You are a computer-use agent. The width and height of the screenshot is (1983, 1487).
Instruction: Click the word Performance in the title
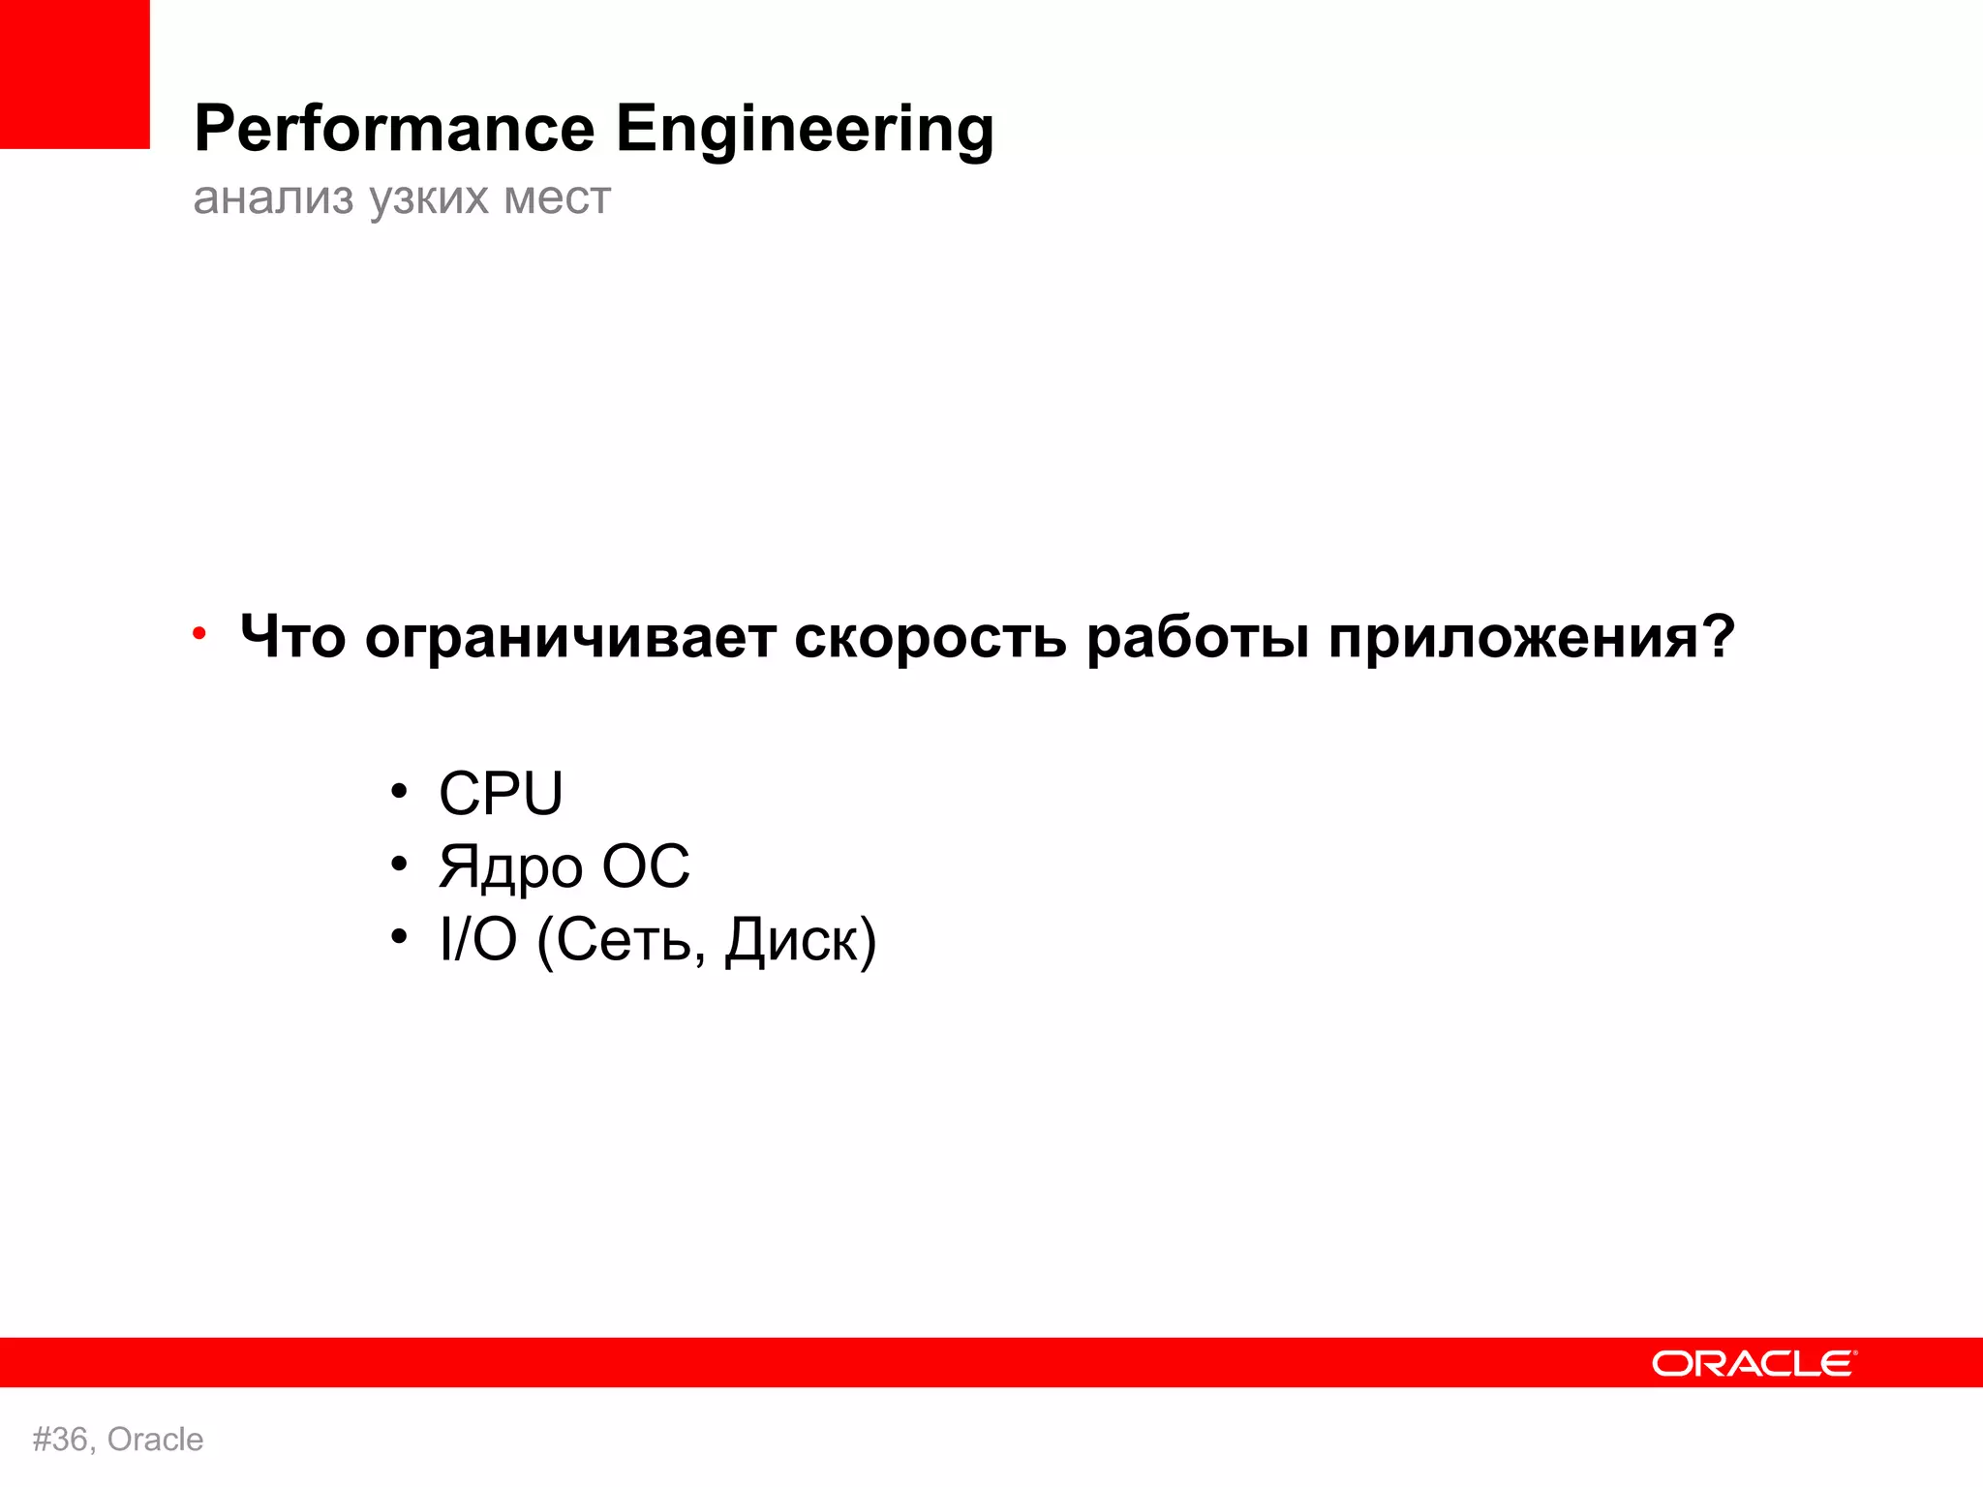[394, 130]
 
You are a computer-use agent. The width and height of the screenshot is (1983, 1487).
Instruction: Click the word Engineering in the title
[805, 130]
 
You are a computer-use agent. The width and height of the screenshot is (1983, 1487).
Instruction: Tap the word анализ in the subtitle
[274, 198]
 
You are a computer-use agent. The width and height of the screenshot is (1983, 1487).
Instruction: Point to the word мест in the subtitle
[558, 198]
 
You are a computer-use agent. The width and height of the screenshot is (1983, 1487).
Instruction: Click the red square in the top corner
[75, 74]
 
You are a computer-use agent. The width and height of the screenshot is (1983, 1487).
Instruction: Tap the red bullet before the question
[199, 634]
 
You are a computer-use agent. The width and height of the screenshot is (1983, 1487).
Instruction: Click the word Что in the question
[292, 638]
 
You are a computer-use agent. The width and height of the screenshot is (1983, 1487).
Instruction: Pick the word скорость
[930, 638]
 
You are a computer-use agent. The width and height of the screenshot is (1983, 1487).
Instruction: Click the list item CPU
[501, 793]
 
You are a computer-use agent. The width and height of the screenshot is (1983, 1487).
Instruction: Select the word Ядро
[509, 867]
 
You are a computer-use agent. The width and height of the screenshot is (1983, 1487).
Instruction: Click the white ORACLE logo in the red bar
[1754, 1363]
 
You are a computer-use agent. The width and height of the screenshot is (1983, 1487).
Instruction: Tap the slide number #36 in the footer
[62, 1440]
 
